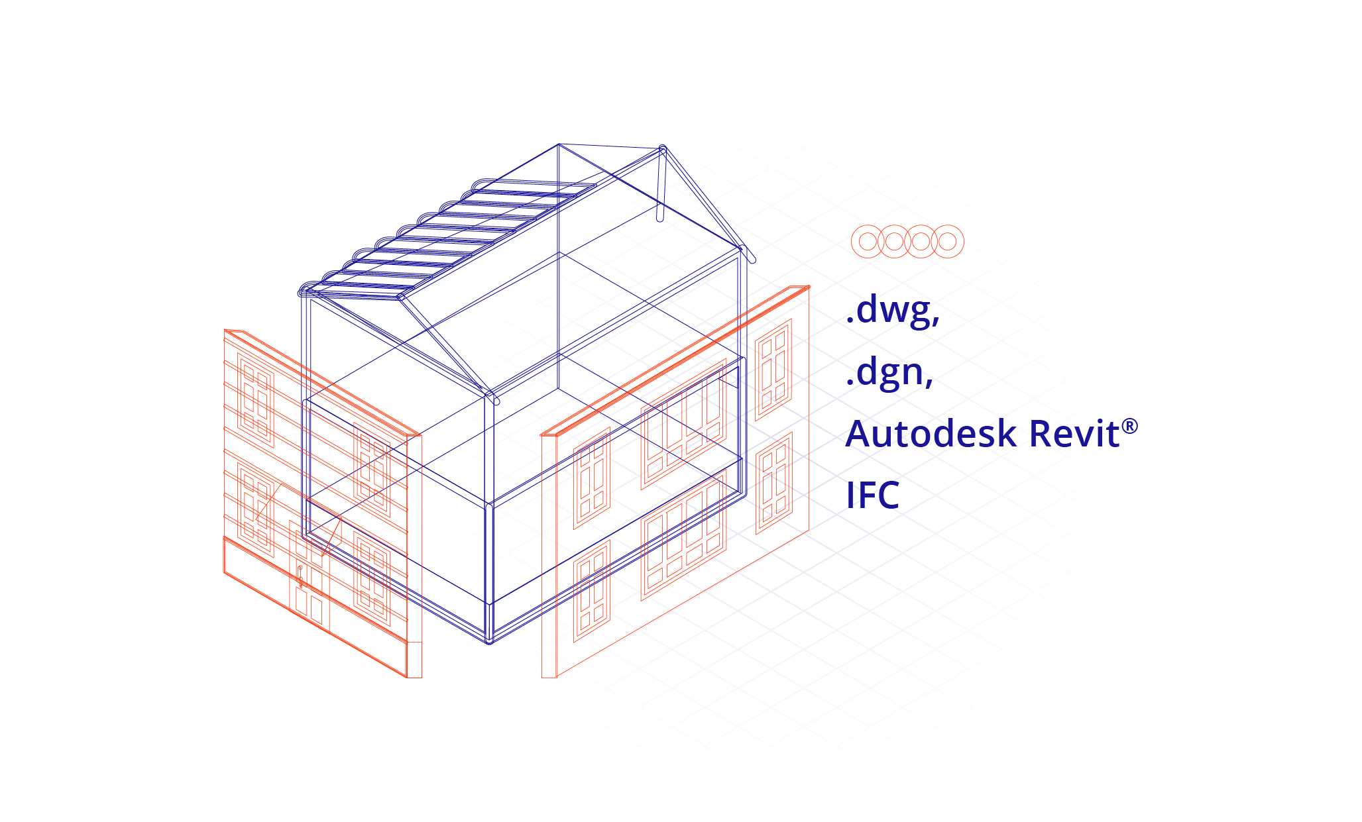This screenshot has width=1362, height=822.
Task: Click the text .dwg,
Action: [892, 310]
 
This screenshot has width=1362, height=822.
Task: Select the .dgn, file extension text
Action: [889, 372]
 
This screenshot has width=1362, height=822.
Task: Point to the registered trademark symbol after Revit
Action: [1130, 426]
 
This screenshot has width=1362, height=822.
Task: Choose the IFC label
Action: [872, 495]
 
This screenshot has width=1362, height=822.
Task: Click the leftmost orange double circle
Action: [868, 241]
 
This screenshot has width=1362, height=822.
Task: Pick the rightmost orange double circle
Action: [948, 241]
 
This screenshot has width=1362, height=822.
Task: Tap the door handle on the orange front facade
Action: [300, 576]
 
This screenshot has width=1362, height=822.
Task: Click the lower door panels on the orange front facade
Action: [309, 606]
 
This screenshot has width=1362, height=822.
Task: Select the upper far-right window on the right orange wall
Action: [773, 370]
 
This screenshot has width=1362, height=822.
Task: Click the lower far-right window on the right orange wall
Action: [774, 483]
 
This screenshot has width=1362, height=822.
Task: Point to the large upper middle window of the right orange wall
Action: [683, 424]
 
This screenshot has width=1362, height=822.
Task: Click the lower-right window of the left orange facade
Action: [372, 573]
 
